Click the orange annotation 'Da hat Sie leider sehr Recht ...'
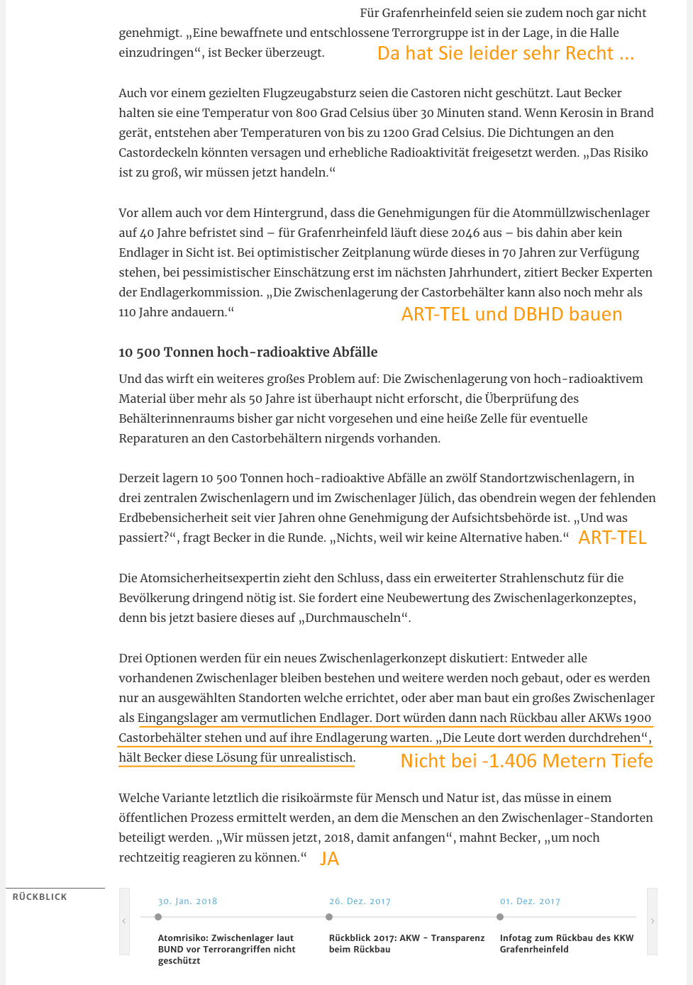click(x=505, y=54)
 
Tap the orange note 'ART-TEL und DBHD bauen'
click(x=511, y=314)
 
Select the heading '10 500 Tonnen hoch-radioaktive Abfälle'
click(x=248, y=352)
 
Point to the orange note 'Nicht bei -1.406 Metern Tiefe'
click(x=526, y=761)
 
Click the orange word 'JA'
click(x=330, y=859)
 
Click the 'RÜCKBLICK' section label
click(x=40, y=897)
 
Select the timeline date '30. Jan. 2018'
click(x=187, y=901)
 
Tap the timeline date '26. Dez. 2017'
click(x=360, y=901)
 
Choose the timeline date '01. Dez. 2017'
click(x=530, y=901)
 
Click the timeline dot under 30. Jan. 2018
click(x=158, y=917)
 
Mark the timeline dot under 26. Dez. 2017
click(x=329, y=917)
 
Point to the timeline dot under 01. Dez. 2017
click(x=500, y=917)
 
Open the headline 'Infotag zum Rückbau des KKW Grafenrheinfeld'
click(x=566, y=943)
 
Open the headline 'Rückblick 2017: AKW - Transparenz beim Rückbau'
click(x=406, y=943)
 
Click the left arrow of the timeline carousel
click(x=124, y=921)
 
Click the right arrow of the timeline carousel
click(x=653, y=921)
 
